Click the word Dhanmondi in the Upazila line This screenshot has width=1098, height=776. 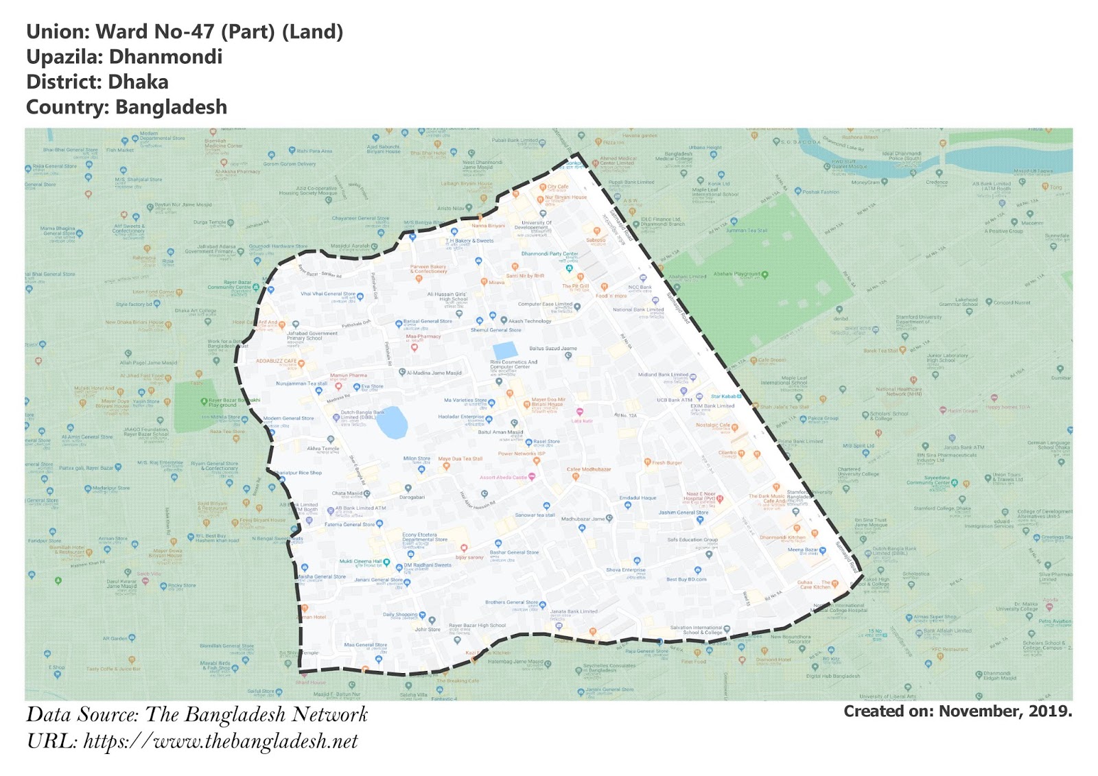click(165, 57)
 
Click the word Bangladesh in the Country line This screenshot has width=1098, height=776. click(171, 108)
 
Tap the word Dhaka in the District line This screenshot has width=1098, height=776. click(138, 82)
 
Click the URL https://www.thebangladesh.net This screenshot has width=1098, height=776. click(220, 742)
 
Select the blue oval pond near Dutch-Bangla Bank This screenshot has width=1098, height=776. click(392, 423)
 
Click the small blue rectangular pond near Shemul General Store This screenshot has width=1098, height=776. click(505, 351)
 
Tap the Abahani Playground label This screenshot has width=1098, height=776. click(737, 274)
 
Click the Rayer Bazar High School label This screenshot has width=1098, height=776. click(477, 626)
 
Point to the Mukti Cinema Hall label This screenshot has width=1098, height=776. click(360, 561)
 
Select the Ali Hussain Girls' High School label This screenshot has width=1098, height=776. click(447, 296)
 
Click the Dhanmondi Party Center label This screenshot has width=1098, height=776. click(549, 254)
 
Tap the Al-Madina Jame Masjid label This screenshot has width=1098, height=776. click(434, 373)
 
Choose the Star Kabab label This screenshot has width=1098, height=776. click(724, 397)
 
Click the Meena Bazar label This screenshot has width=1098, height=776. click(802, 550)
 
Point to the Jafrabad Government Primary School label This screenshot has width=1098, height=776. click(312, 336)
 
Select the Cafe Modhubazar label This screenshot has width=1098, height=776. click(588, 469)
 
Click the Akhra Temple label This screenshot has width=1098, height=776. click(323, 449)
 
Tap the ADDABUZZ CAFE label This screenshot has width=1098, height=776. click(277, 361)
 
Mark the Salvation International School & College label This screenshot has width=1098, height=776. click(696, 630)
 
